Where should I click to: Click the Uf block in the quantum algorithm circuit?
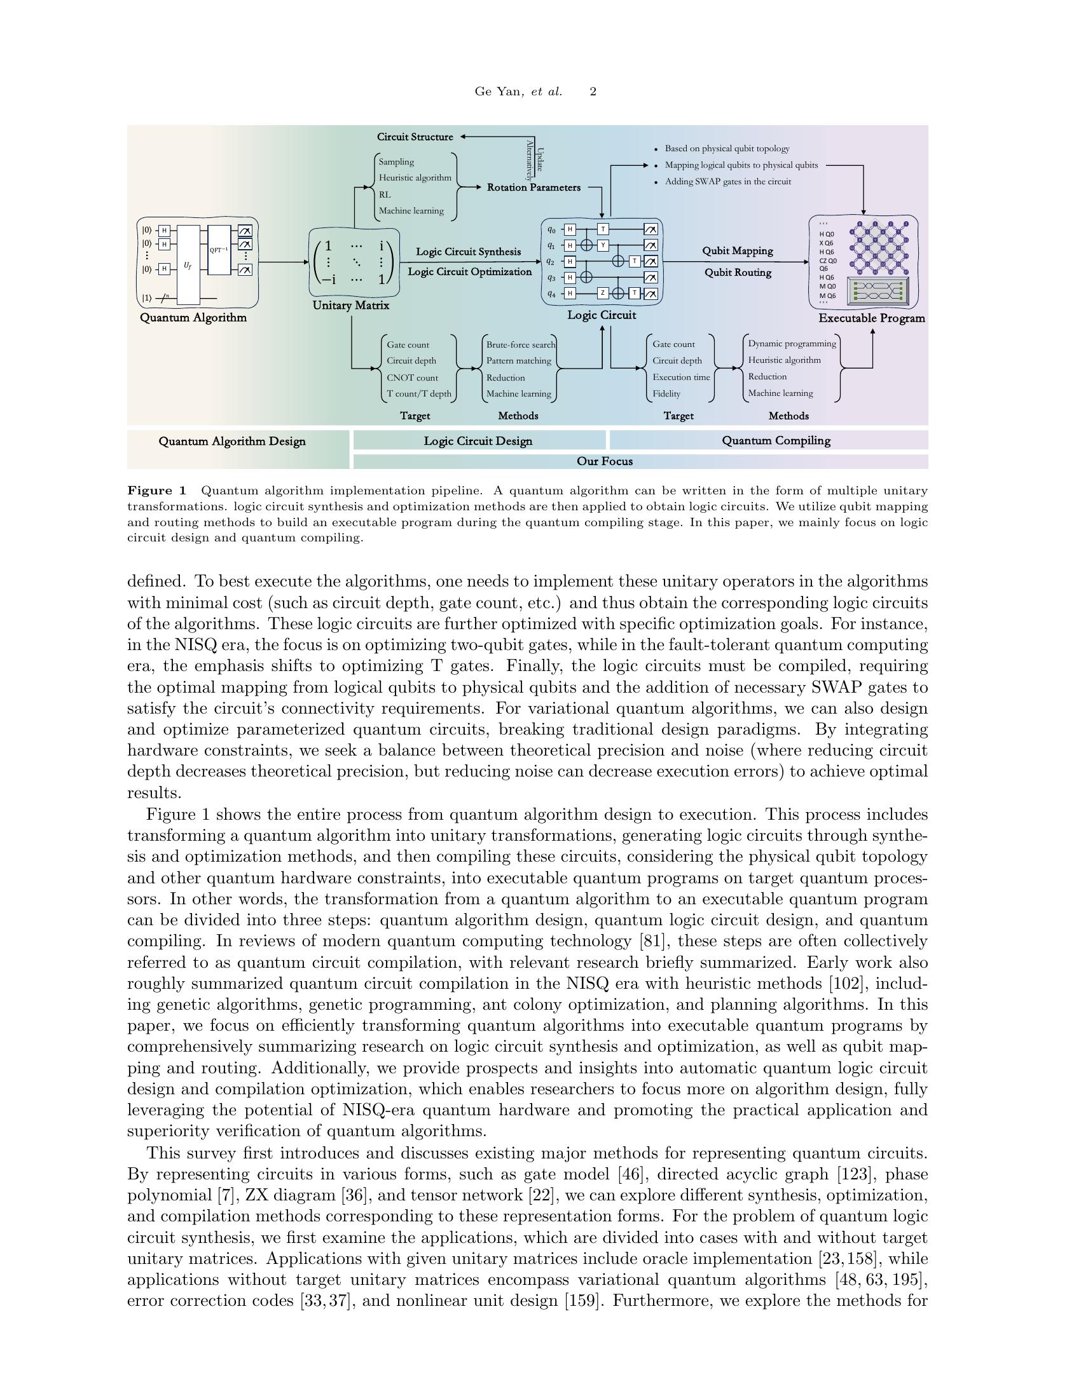pyautogui.click(x=188, y=264)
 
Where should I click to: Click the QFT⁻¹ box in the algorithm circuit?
pyautogui.click(x=218, y=250)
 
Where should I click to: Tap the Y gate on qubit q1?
pyautogui.click(x=603, y=245)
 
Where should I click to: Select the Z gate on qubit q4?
pyautogui.click(x=603, y=293)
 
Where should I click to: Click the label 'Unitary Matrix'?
pyautogui.click(x=350, y=305)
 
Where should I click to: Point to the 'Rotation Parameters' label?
pyautogui.click(x=534, y=187)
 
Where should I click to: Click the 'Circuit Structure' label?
pyautogui.click(x=415, y=137)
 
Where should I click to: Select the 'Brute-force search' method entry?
pyautogui.click(x=520, y=344)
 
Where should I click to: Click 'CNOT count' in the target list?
pyautogui.click(x=412, y=377)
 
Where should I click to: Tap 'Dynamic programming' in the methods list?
pyautogui.click(x=792, y=344)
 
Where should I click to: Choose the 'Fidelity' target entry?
pyautogui.click(x=666, y=394)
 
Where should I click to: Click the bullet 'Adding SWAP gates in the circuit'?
pyautogui.click(x=727, y=182)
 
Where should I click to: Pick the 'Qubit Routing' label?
pyautogui.click(x=738, y=273)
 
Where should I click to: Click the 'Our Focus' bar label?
pyautogui.click(x=604, y=461)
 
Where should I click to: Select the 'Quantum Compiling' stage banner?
pyautogui.click(x=776, y=440)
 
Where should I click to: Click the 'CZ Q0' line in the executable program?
pyautogui.click(x=827, y=261)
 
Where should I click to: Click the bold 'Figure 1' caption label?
pyautogui.click(x=156, y=491)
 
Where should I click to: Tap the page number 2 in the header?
pyautogui.click(x=593, y=92)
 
